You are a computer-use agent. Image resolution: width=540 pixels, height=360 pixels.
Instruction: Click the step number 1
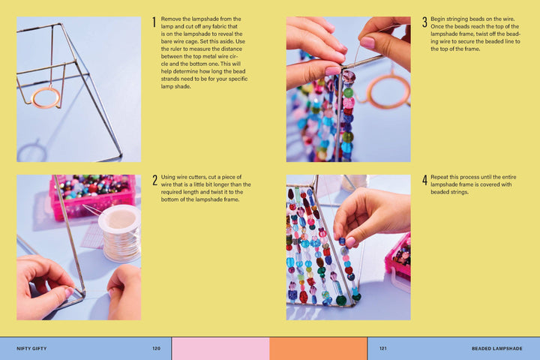[x=154, y=22]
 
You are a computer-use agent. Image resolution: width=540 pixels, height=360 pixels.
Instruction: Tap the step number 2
[x=154, y=180]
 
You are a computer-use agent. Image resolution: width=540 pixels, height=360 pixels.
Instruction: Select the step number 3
[x=424, y=22]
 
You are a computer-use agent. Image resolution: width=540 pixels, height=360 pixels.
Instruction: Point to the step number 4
[x=424, y=180]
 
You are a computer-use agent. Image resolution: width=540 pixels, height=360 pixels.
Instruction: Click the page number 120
[x=156, y=348]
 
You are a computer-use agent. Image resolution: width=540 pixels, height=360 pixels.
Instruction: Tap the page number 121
[x=383, y=348]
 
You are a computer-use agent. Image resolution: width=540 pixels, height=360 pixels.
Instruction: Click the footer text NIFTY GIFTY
[x=31, y=348]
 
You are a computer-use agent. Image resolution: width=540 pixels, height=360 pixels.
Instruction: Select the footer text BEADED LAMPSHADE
[x=497, y=348]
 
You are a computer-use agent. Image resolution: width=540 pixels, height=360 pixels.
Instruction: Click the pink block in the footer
[x=220, y=349]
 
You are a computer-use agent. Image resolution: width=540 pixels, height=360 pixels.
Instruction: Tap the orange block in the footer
[x=318, y=349]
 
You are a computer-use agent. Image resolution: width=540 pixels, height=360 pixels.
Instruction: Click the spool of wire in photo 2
[x=120, y=233]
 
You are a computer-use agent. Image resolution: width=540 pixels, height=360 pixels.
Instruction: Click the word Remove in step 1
[x=171, y=19]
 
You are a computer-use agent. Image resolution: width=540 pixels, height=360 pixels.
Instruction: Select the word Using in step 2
[x=168, y=177]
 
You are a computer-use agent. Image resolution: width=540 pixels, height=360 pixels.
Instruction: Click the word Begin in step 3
[x=438, y=19]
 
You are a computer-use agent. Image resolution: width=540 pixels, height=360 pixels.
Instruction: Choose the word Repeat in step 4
[x=439, y=177]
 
